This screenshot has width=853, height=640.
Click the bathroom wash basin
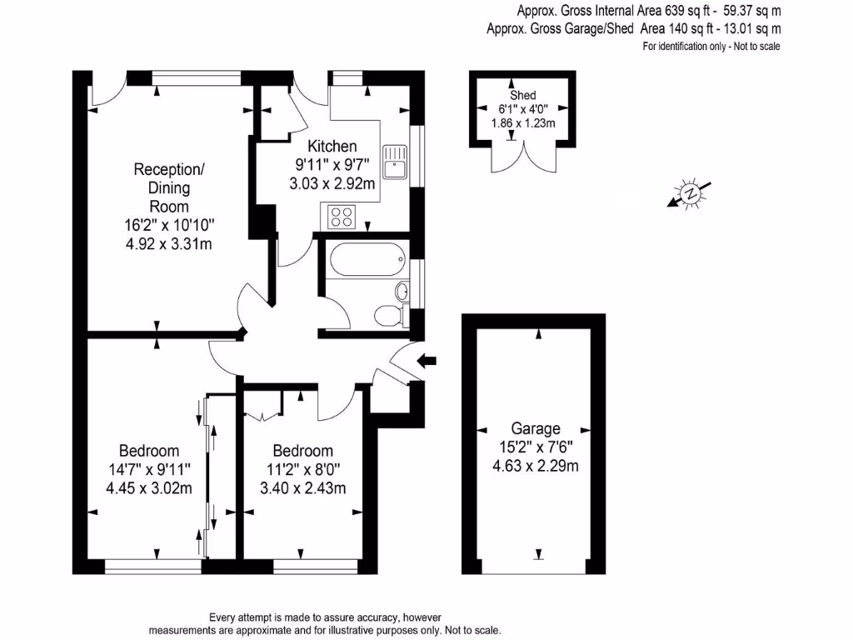[x=402, y=292]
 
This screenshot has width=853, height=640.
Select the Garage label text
[x=536, y=428]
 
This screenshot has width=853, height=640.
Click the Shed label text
[x=523, y=95]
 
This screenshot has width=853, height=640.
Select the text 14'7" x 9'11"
[x=149, y=469]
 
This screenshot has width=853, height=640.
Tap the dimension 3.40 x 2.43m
[x=303, y=487]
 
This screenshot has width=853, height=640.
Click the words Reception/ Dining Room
[x=169, y=187]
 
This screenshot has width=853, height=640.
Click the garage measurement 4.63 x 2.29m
[x=536, y=465]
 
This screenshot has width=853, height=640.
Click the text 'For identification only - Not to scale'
[x=711, y=47]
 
